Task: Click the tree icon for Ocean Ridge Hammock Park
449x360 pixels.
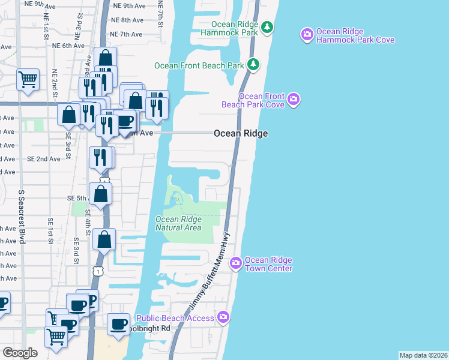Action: (268, 27)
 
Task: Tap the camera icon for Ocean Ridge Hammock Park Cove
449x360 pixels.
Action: (307, 35)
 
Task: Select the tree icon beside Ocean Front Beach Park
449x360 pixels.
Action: (254, 64)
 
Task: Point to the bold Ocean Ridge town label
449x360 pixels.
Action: (241, 134)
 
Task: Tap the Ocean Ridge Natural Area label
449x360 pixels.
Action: (178, 223)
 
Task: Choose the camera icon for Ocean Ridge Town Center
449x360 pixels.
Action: (236, 263)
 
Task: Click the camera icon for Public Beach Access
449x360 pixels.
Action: (223, 317)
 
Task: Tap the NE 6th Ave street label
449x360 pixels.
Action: (68, 46)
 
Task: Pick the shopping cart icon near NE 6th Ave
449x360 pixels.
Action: (28, 79)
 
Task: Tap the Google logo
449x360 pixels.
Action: (20, 352)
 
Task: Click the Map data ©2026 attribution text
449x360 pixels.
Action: (423, 355)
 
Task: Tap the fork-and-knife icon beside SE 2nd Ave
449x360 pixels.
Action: (101, 157)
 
